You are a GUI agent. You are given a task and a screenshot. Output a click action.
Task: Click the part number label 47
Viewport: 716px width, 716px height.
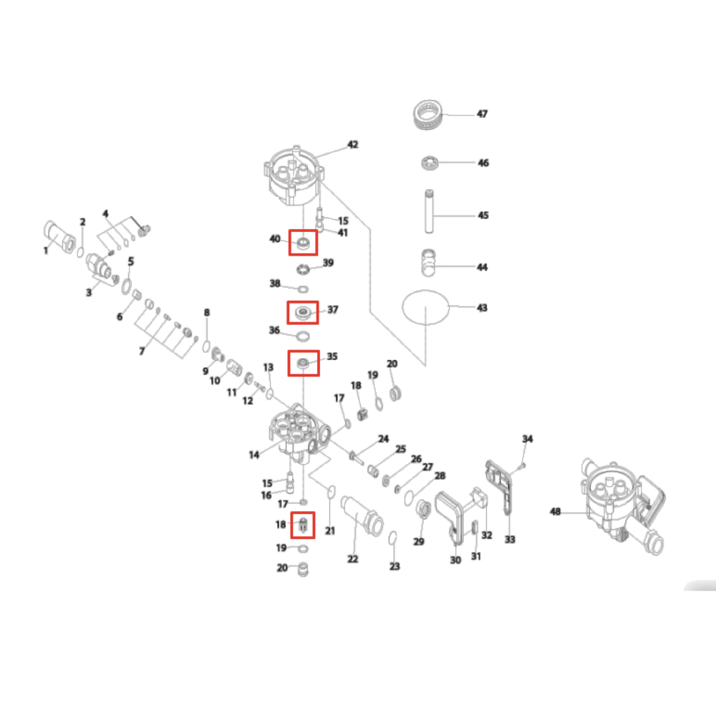[482, 114]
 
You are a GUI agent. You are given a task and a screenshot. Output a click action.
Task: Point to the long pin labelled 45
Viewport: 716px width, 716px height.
[429, 211]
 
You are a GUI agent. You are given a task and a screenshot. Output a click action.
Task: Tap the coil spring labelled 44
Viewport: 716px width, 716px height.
[428, 263]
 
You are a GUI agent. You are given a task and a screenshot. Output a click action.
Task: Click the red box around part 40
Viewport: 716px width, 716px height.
[303, 231]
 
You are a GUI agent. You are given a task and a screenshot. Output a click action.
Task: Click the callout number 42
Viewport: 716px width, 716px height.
[352, 145]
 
